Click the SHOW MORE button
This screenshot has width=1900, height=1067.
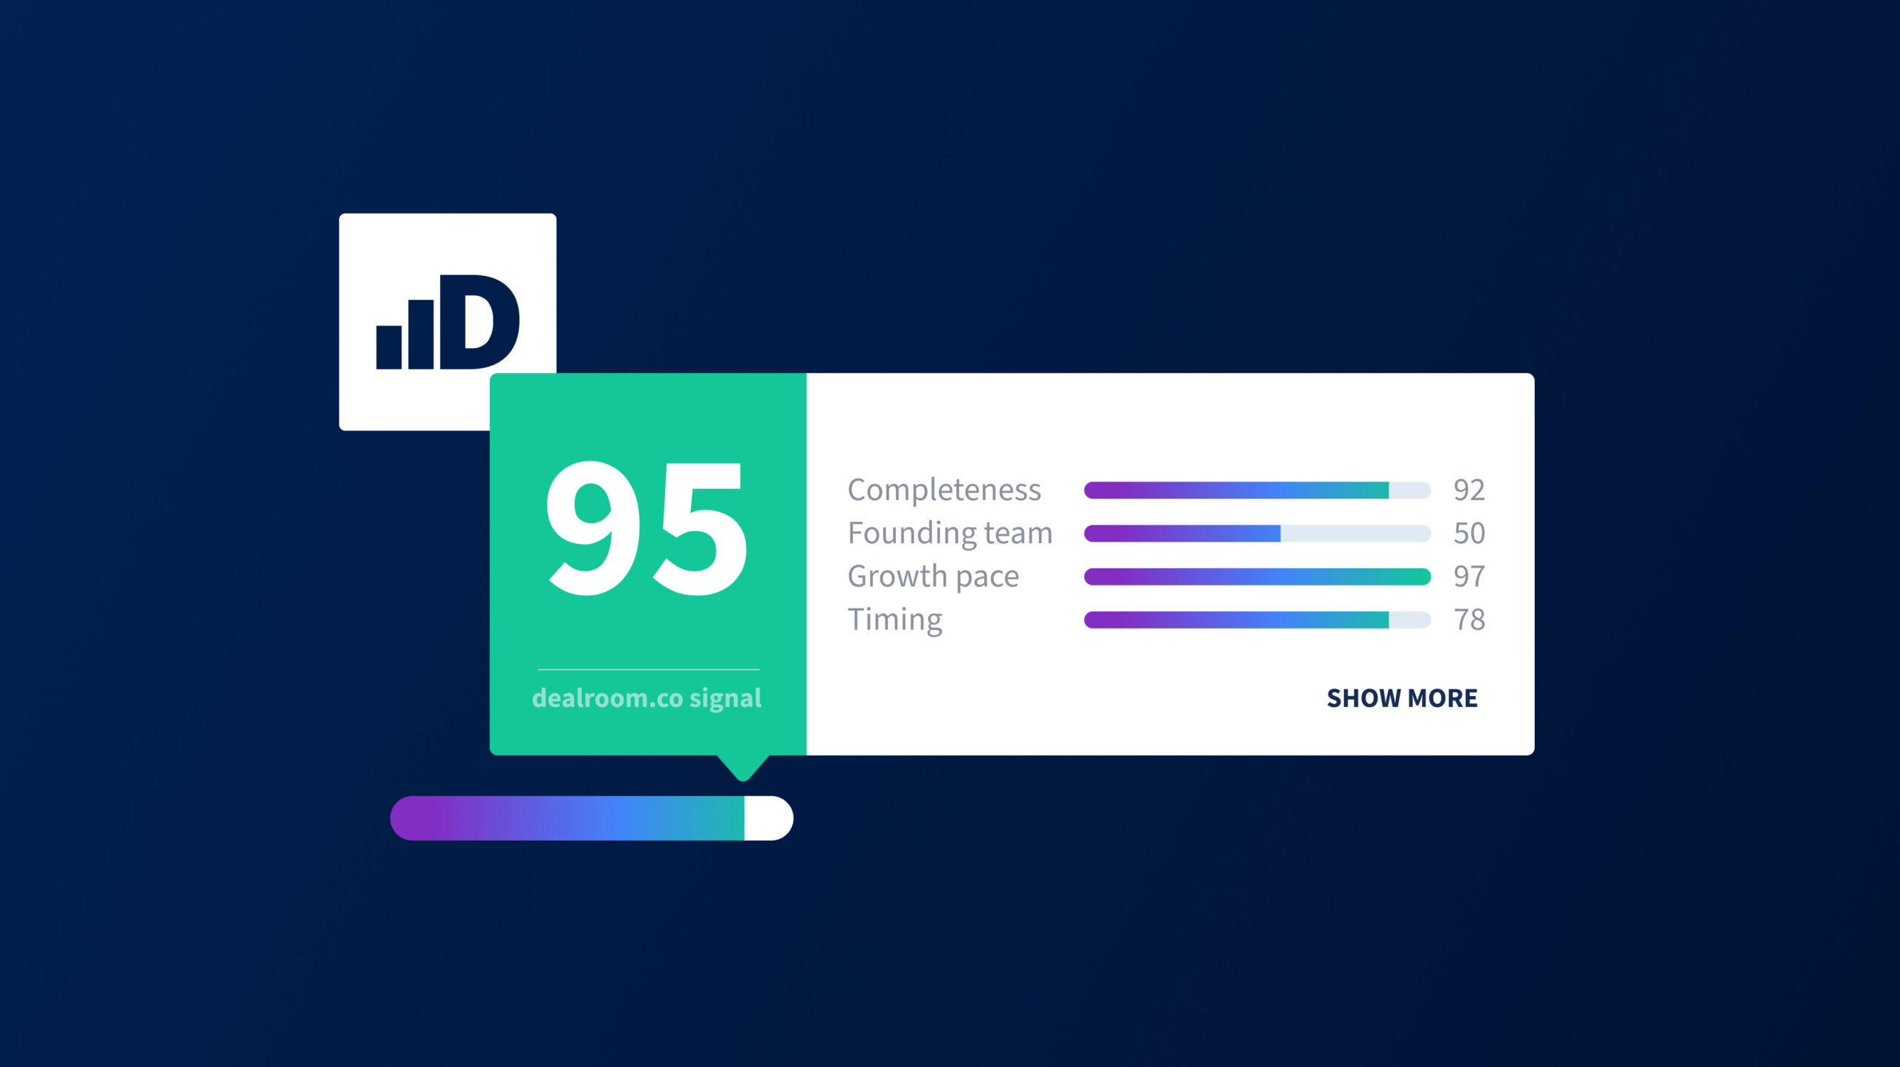[1402, 698]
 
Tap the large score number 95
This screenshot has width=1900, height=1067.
[646, 528]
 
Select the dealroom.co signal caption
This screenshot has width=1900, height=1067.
[646, 698]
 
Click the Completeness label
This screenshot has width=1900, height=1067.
[944, 490]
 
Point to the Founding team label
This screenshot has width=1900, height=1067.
[950, 533]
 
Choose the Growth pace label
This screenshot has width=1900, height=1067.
[933, 577]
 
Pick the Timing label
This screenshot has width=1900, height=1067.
[895, 620]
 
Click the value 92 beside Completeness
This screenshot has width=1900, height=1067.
[1469, 490]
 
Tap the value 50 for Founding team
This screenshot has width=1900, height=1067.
[1469, 533]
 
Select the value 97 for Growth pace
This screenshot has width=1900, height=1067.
[1469, 577]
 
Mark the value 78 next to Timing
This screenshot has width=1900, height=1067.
[1469, 620]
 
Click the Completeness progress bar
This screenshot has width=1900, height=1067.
[1257, 490]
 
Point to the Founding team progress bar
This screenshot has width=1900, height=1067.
[1257, 533]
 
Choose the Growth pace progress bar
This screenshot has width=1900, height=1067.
[1257, 577]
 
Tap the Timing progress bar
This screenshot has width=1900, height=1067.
[1257, 620]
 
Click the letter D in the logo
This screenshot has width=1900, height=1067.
[479, 322]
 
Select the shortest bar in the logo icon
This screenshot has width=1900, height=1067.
[389, 347]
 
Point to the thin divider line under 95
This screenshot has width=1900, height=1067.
[649, 669]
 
